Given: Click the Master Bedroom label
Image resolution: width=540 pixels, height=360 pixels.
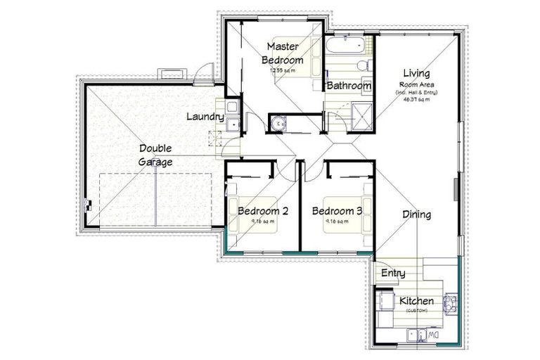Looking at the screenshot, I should point(284,53).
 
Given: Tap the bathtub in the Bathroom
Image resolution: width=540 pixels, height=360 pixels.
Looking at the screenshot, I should point(345,49).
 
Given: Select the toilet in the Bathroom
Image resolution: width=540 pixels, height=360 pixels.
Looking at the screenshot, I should point(363,65).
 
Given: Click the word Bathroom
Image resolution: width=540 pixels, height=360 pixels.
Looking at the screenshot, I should point(349,86).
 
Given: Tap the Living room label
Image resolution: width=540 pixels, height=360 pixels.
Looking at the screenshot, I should point(416,73).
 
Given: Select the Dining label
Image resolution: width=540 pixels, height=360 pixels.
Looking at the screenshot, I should point(416,214).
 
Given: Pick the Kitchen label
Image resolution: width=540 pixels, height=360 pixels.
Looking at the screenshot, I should point(416,301).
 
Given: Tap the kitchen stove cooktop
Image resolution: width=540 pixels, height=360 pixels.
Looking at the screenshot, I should point(386,302).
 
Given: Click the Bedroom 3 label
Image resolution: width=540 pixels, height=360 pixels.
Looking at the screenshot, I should point(337,211).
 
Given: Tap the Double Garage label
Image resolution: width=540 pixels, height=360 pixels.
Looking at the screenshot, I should point(155,155).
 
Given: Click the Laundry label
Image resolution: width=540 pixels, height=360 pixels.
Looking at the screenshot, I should point(205,117).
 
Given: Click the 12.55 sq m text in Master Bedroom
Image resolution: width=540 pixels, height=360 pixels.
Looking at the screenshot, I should point(283,70).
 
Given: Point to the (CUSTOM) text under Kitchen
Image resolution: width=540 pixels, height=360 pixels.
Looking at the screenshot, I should point(416,310).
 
